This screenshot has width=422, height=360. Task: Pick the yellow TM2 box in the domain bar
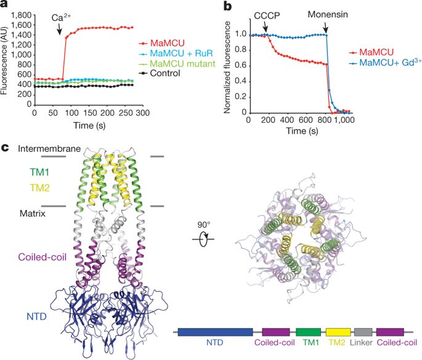click(338, 332)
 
